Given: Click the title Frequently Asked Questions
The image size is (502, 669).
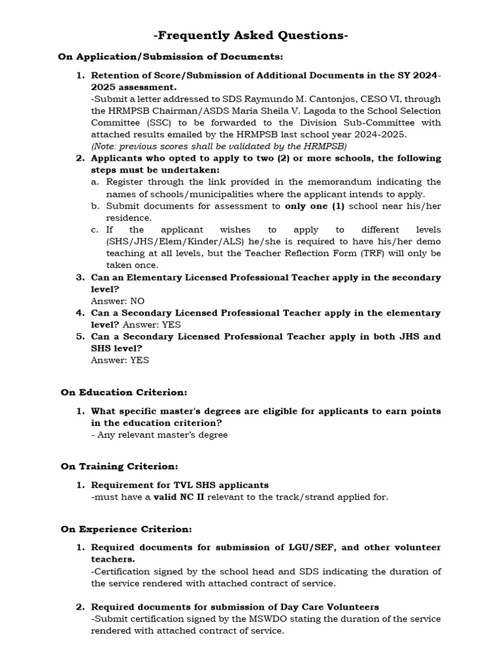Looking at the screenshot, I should point(251,36).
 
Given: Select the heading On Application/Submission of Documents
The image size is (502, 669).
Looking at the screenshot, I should point(171,57).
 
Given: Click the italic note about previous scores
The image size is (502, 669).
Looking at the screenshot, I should point(219,146).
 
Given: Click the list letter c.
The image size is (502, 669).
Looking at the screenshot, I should point(95,229).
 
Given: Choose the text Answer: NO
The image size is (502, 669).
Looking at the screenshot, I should point(118,301).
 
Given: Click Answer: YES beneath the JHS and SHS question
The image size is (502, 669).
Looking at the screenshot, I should point(120,360).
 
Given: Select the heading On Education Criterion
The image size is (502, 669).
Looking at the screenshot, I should point(124,392).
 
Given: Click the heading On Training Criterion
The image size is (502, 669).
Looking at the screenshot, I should point(120,466).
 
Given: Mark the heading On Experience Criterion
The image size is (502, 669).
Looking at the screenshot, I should point(126,529).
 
